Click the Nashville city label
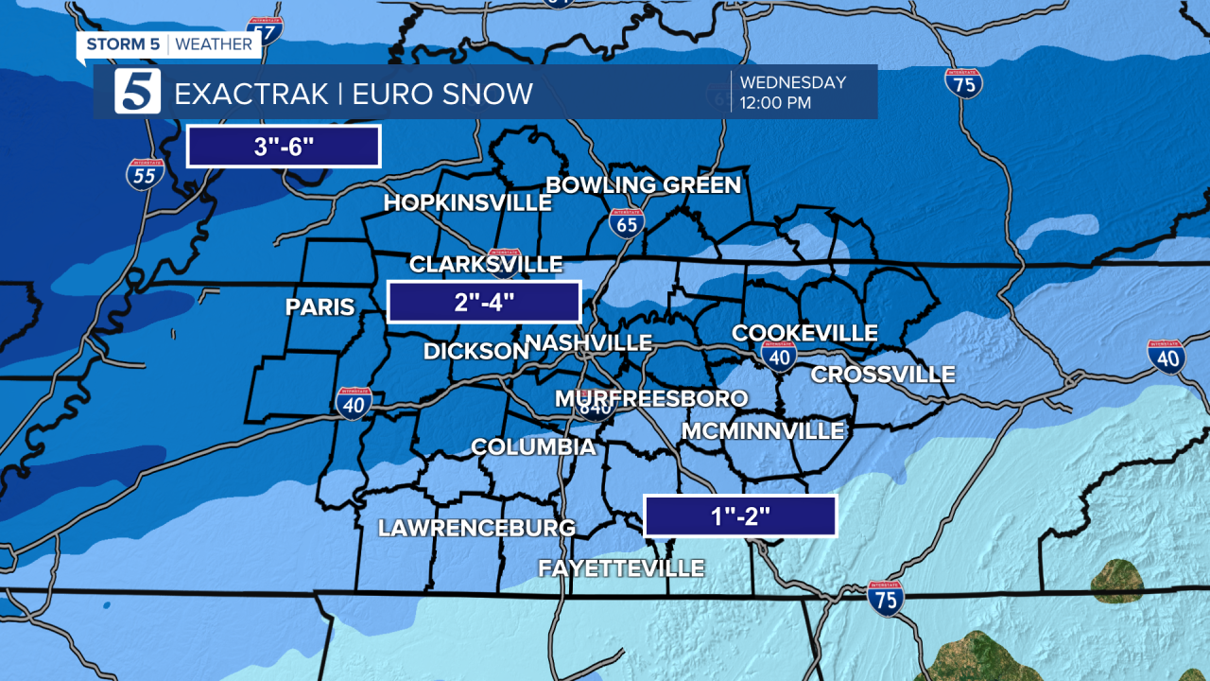coord(588,342)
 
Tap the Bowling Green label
coord(644,185)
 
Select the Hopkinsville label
coord(468,203)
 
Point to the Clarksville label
coord(486,264)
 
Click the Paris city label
coord(320,307)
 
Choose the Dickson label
coord(475,351)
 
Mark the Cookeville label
coord(804,333)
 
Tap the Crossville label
coord(883,375)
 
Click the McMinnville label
coord(763,431)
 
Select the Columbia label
coord(533,446)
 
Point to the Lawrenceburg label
coord(476,528)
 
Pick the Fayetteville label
coord(621,568)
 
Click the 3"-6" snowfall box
coord(284,147)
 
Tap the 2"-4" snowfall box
coord(484,303)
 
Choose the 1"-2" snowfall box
coord(740,516)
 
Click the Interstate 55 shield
coord(146,175)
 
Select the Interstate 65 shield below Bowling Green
coord(627,223)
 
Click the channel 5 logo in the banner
coord(138,92)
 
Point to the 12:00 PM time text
coord(775,103)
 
